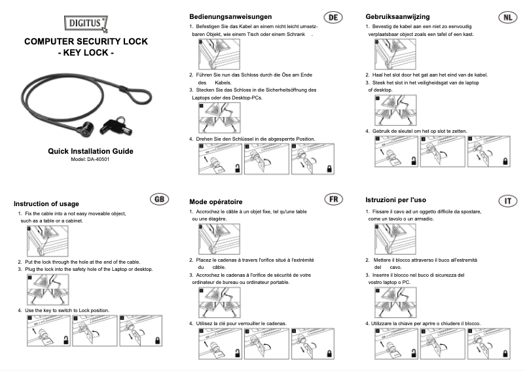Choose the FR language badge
pyautogui.click(x=333, y=199)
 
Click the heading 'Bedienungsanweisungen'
pyautogui.click(x=230, y=16)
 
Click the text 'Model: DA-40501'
pyautogui.click(x=90, y=160)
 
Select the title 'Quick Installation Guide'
pyautogui.click(x=90, y=151)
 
